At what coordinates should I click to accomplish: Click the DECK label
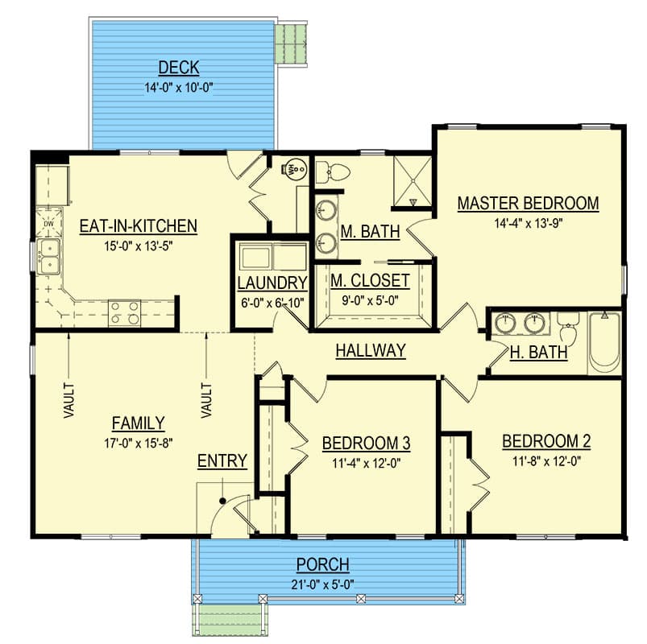point(179,68)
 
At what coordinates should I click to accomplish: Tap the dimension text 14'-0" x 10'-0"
point(179,88)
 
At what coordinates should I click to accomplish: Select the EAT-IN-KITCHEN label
point(139,226)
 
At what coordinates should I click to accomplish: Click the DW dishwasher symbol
point(48,223)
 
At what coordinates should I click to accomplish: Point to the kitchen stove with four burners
point(124,312)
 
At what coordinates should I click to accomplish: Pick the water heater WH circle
point(295,168)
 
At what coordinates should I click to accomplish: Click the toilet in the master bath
point(333,172)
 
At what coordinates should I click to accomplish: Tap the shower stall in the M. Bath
point(412,181)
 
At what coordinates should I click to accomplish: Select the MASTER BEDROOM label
point(529,203)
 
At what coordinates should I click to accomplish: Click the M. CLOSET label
point(370,281)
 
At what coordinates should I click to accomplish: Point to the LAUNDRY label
point(272,283)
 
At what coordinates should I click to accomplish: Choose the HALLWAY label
point(371,350)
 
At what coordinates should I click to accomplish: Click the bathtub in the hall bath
point(604,342)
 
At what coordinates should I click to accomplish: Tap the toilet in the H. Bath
point(568,328)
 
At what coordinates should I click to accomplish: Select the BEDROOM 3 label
point(366,444)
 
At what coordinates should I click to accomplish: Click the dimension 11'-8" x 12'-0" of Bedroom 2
point(547,461)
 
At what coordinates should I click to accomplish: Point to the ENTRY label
point(222,461)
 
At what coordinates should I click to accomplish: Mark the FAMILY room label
point(139,423)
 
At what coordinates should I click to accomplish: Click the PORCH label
point(322,564)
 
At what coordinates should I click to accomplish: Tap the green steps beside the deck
point(292,43)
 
